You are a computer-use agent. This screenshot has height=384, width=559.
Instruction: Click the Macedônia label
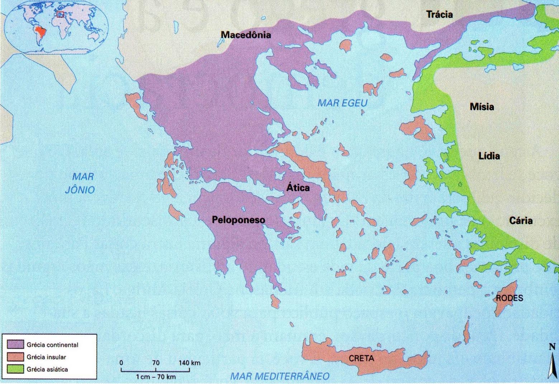[246, 35]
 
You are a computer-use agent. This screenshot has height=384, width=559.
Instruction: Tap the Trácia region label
[439, 14]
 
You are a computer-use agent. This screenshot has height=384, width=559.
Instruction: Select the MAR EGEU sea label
[342, 103]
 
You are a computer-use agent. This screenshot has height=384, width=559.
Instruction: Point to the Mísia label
[482, 106]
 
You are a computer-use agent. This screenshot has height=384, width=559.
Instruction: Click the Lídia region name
[489, 156]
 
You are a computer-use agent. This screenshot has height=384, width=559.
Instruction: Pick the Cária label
[521, 221]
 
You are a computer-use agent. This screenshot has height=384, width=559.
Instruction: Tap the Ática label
[298, 188]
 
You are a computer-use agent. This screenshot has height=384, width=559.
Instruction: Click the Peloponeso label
[238, 220]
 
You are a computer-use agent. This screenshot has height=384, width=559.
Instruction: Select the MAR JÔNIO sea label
[80, 183]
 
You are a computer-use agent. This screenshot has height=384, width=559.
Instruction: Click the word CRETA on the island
[361, 358]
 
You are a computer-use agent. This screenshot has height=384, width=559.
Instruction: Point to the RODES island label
[509, 298]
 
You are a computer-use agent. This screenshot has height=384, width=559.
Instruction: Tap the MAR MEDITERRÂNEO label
[279, 376]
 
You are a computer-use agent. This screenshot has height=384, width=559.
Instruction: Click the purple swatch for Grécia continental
[15, 345]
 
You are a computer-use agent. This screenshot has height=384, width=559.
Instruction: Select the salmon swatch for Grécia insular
[15, 357]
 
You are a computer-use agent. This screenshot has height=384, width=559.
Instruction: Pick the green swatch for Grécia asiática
[15, 369]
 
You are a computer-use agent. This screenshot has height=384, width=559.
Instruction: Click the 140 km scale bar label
[189, 363]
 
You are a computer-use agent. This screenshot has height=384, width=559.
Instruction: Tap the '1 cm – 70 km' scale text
[156, 377]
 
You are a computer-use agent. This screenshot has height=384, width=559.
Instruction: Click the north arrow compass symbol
[552, 362]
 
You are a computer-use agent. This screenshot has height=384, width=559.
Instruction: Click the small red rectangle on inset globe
[60, 14]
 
